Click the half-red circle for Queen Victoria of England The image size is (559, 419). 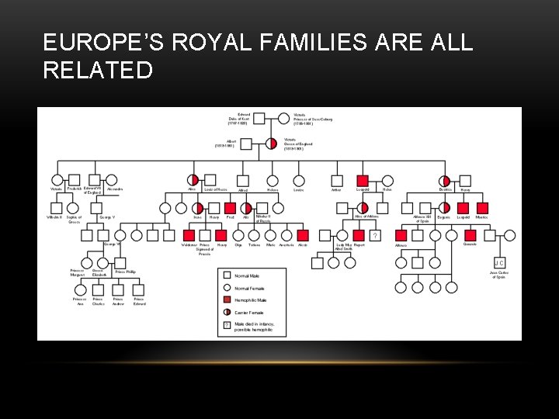point(271,144)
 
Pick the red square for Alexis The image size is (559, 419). point(303,235)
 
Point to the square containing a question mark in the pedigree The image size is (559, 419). point(375,235)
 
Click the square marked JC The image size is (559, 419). point(499,262)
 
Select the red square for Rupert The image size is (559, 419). point(359,235)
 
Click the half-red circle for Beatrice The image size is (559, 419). point(445,181)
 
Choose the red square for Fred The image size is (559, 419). point(230,208)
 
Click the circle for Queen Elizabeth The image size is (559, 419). point(99,262)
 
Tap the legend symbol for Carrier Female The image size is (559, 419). point(226,313)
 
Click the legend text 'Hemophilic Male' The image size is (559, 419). point(250,300)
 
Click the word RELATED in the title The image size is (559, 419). point(98,71)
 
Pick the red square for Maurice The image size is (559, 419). point(482,208)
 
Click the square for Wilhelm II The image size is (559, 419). point(57,208)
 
